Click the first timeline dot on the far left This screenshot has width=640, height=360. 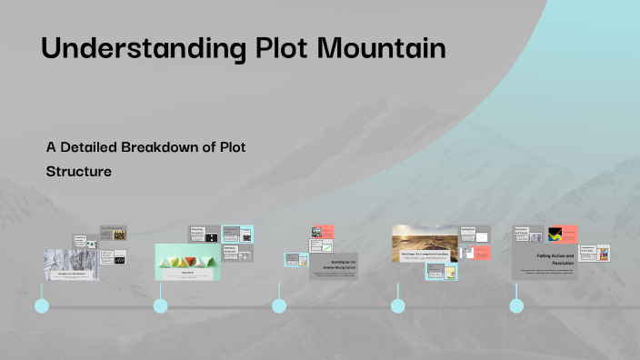(x=42, y=305)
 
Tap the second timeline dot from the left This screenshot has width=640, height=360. (x=161, y=305)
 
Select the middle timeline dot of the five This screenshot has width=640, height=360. (x=279, y=305)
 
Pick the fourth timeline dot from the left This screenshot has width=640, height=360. (x=398, y=305)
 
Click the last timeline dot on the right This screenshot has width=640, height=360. (x=516, y=305)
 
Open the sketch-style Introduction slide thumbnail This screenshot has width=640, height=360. (x=72, y=263)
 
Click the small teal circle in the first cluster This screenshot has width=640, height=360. (x=92, y=244)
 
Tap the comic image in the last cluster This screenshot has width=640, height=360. (x=602, y=253)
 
